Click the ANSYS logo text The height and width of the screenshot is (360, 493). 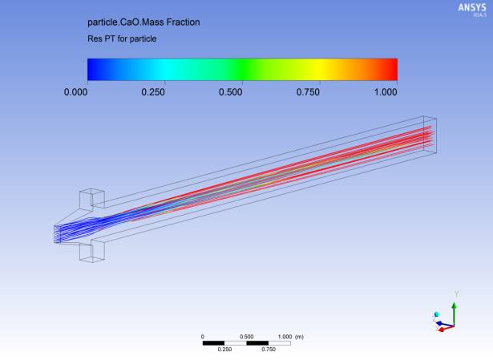pos(472,7)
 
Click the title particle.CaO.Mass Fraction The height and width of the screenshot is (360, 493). pos(143,22)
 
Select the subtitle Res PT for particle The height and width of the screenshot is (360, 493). pos(122,39)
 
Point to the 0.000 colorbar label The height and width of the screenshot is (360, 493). pos(76,92)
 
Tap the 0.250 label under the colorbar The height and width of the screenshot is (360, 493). pos(153,92)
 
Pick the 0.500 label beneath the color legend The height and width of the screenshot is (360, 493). pos(230,92)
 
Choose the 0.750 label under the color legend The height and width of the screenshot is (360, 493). pos(308,92)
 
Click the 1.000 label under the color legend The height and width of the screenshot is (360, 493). pos(386,92)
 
